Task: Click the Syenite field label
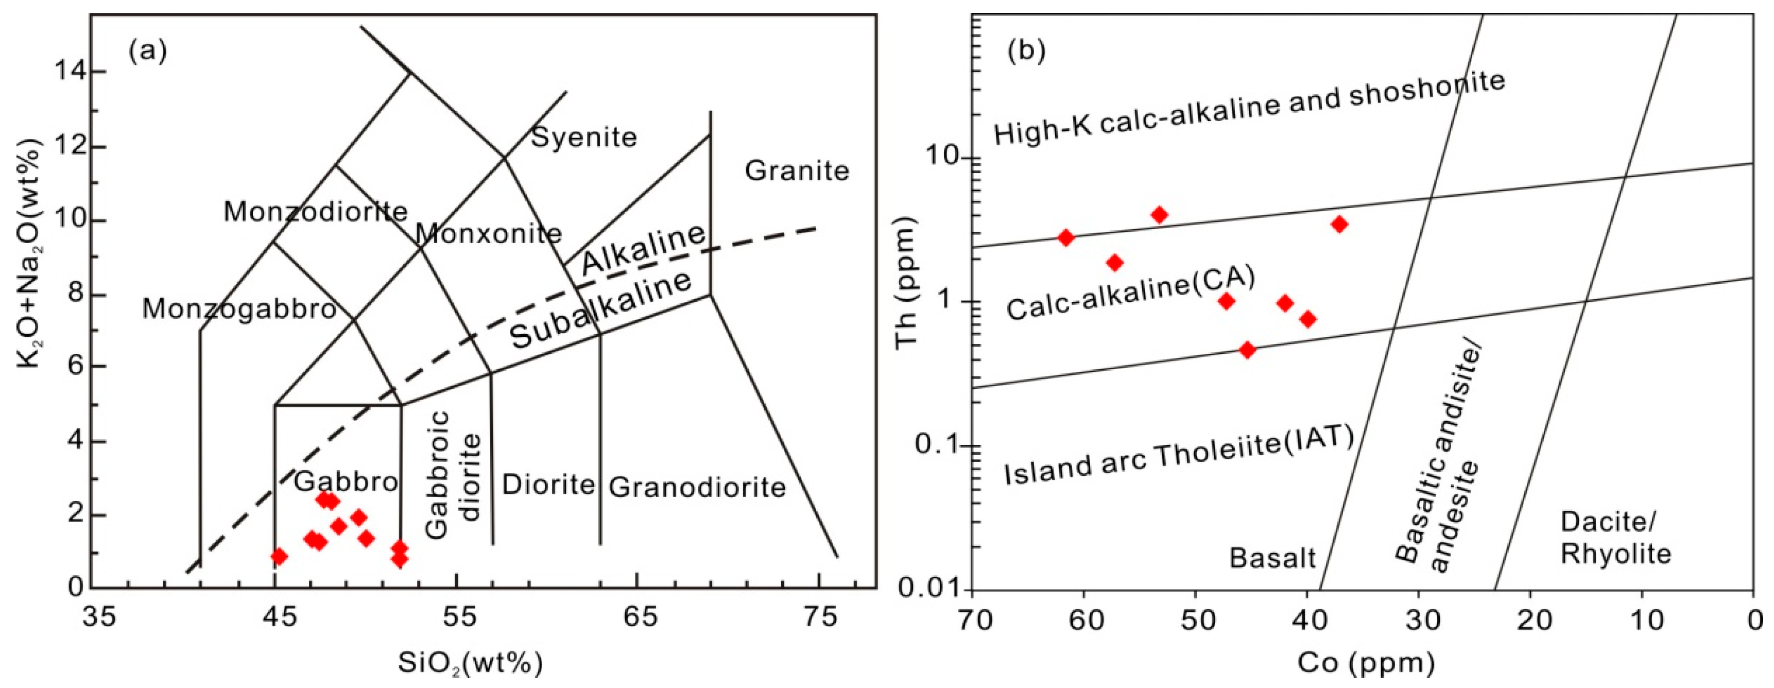coord(584,137)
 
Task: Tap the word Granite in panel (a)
coord(797,171)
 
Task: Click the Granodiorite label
coord(697,488)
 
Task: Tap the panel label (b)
coord(1026,51)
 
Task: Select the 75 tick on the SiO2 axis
coord(819,617)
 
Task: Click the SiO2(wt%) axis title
coord(470,663)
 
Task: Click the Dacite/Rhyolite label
coord(1615,538)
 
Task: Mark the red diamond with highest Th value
coord(1160,215)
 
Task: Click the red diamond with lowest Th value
coord(1247,350)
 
